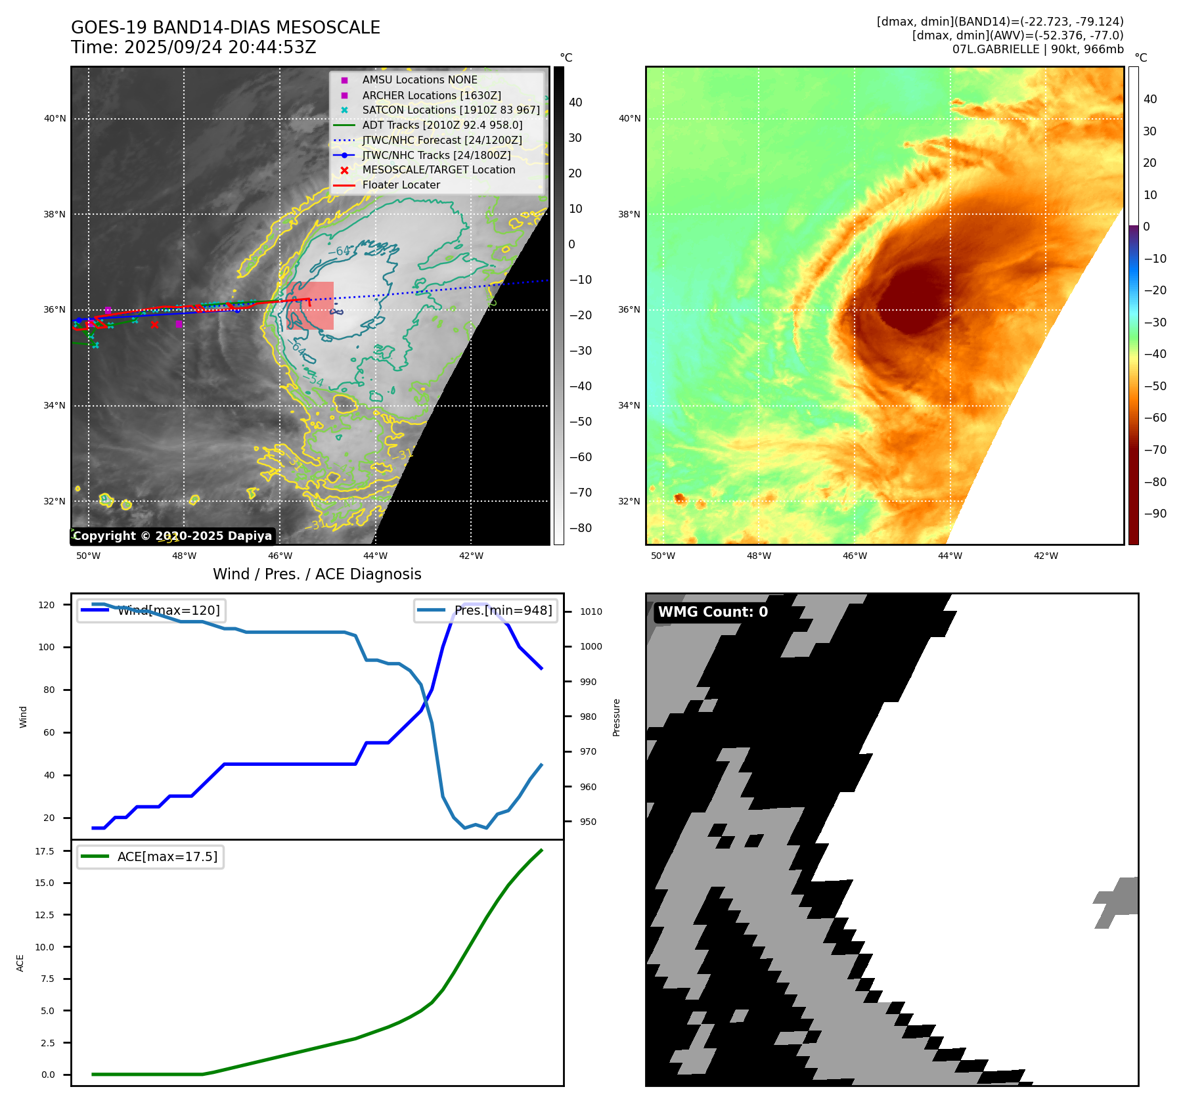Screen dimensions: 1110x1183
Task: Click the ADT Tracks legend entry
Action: [442, 125]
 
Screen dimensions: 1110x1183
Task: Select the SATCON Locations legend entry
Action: [451, 110]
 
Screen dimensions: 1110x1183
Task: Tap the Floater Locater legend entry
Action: [401, 185]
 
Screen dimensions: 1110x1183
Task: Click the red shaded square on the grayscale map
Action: [310, 305]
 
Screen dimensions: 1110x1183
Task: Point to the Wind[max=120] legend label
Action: [168, 610]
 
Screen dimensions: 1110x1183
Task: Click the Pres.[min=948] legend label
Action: [502, 610]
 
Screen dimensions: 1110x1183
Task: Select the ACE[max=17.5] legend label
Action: [167, 856]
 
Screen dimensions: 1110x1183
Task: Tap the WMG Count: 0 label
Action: [713, 612]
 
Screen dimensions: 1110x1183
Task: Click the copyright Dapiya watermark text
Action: [172, 536]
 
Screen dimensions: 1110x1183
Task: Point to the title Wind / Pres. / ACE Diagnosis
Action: [317, 574]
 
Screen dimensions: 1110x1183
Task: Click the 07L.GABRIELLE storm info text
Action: [1038, 49]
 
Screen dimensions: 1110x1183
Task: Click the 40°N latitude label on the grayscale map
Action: [55, 119]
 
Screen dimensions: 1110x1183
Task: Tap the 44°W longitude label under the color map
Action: [950, 556]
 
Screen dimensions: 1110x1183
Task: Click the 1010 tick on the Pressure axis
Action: [591, 611]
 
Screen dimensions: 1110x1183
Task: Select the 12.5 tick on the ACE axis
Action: [45, 915]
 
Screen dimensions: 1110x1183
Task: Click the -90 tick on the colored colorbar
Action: [1155, 514]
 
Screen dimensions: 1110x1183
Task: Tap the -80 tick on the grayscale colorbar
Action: [580, 528]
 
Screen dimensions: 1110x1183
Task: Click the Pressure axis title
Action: [616, 717]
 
